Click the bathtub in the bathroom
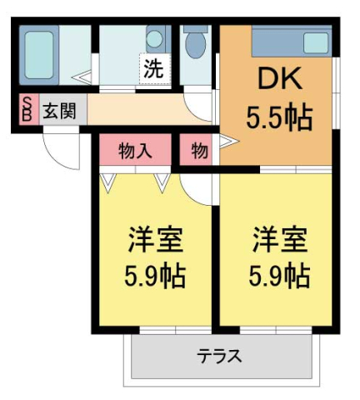coord(39,55)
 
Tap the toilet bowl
coord(196,44)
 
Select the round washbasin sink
coord(154,39)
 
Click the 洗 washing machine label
coord(153,69)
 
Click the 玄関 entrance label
coord(59,111)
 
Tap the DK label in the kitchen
coord(279,78)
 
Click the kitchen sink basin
coord(316,43)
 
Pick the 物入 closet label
coord(135,152)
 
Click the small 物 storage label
coord(199,152)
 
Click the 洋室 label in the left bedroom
coord(155,239)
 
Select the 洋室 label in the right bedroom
coord(279,239)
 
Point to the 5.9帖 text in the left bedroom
coord(155,277)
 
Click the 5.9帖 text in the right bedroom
coord(279,277)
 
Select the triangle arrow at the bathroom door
coord(82,77)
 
